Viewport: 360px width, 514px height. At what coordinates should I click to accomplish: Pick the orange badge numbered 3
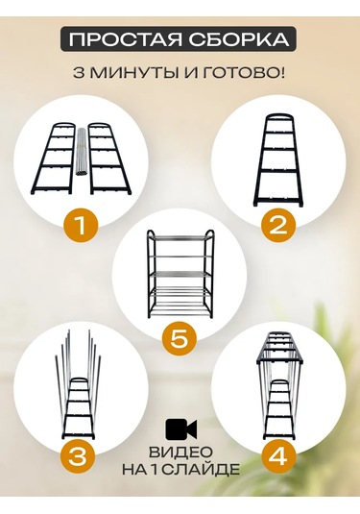(x=78, y=455)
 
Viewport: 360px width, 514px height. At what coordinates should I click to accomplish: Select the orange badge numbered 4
(x=278, y=455)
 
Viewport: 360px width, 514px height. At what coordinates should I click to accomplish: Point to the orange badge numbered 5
(x=180, y=340)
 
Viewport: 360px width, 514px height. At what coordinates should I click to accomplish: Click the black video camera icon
(x=181, y=428)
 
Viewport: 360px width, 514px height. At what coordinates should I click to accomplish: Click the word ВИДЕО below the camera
(x=180, y=453)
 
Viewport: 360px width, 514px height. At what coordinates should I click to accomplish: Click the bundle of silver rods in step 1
(x=81, y=152)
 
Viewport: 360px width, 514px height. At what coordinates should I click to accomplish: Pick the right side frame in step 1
(x=109, y=158)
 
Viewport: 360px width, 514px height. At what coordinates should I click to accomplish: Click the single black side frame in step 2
(x=278, y=160)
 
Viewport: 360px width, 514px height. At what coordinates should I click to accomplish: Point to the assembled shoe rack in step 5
(x=180, y=274)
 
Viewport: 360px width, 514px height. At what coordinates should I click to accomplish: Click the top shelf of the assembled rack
(x=180, y=237)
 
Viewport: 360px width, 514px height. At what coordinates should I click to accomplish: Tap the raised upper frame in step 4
(x=278, y=348)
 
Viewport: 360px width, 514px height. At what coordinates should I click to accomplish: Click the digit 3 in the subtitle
(x=79, y=72)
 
